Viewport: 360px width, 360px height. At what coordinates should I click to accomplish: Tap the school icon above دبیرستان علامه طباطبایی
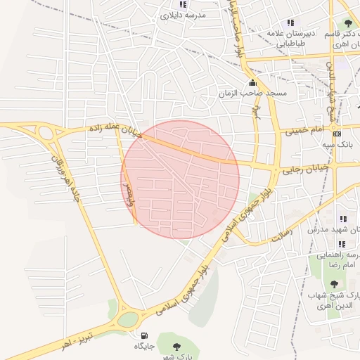tap(290, 22)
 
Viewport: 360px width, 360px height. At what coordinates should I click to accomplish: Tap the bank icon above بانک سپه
tap(337, 134)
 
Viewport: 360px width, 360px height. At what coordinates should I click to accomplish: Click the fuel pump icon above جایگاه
tap(144, 336)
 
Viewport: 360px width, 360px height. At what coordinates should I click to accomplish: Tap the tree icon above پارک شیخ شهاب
tap(334, 284)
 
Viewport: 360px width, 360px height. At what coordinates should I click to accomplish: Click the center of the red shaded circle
tap(180, 179)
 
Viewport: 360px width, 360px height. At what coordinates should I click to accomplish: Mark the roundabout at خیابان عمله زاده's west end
tap(46, 132)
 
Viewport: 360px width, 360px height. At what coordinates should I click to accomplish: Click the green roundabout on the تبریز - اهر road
tap(128, 319)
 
